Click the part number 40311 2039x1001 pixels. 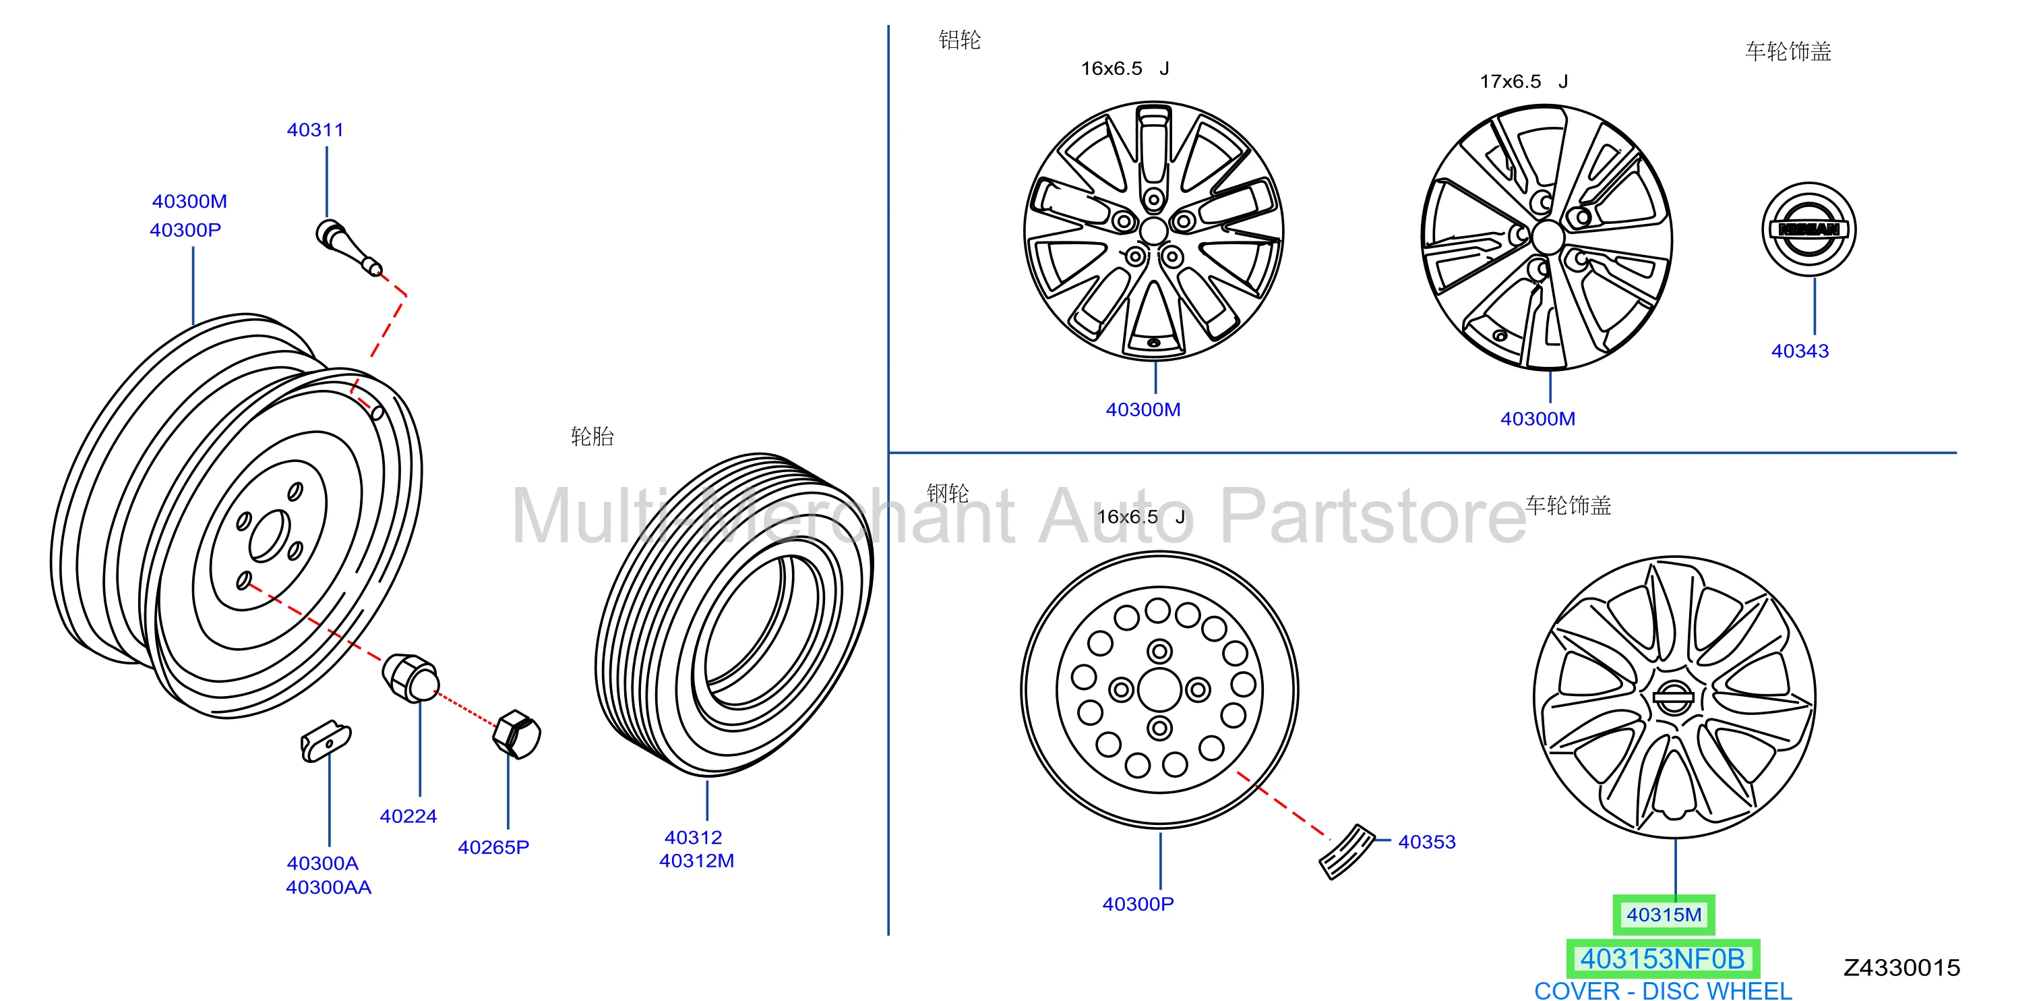click(315, 130)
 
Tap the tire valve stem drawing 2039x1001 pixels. click(349, 247)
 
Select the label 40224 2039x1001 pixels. click(408, 816)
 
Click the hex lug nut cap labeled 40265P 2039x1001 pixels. click(517, 734)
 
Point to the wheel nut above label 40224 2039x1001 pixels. click(410, 677)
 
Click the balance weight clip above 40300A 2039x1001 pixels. click(326, 741)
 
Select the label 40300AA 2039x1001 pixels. click(328, 888)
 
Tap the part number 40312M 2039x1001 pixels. click(696, 861)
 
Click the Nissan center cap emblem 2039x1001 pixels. click(1808, 229)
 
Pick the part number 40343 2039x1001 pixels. click(1800, 351)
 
